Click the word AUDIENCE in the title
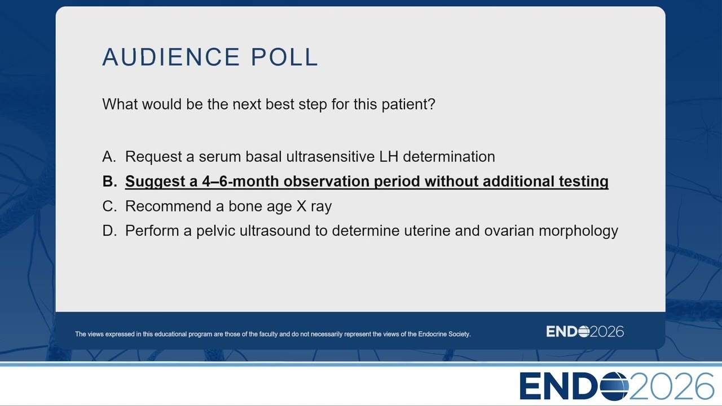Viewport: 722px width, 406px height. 171,57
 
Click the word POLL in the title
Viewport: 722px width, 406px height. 285,57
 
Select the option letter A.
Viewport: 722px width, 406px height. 109,157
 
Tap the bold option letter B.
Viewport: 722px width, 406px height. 109,181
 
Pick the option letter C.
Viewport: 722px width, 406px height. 109,206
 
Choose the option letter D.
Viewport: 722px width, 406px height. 109,231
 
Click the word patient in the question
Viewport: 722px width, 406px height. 408,105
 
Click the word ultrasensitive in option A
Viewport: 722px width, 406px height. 331,157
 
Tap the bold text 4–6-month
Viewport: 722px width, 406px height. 240,181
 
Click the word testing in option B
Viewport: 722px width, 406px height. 584,182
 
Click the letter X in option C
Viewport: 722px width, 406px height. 301,206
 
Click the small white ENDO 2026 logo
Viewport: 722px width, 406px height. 585,332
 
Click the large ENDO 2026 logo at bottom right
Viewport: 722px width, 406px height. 617,386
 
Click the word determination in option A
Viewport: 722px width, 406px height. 449,157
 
